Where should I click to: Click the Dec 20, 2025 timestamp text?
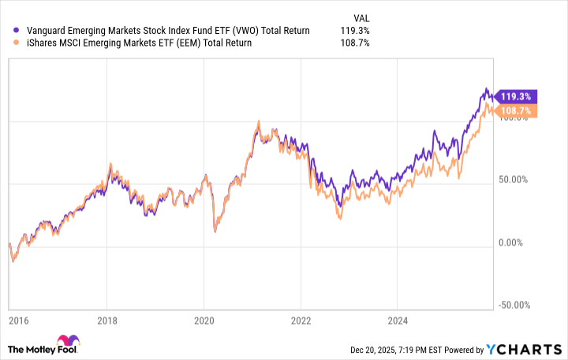click(x=417, y=350)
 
